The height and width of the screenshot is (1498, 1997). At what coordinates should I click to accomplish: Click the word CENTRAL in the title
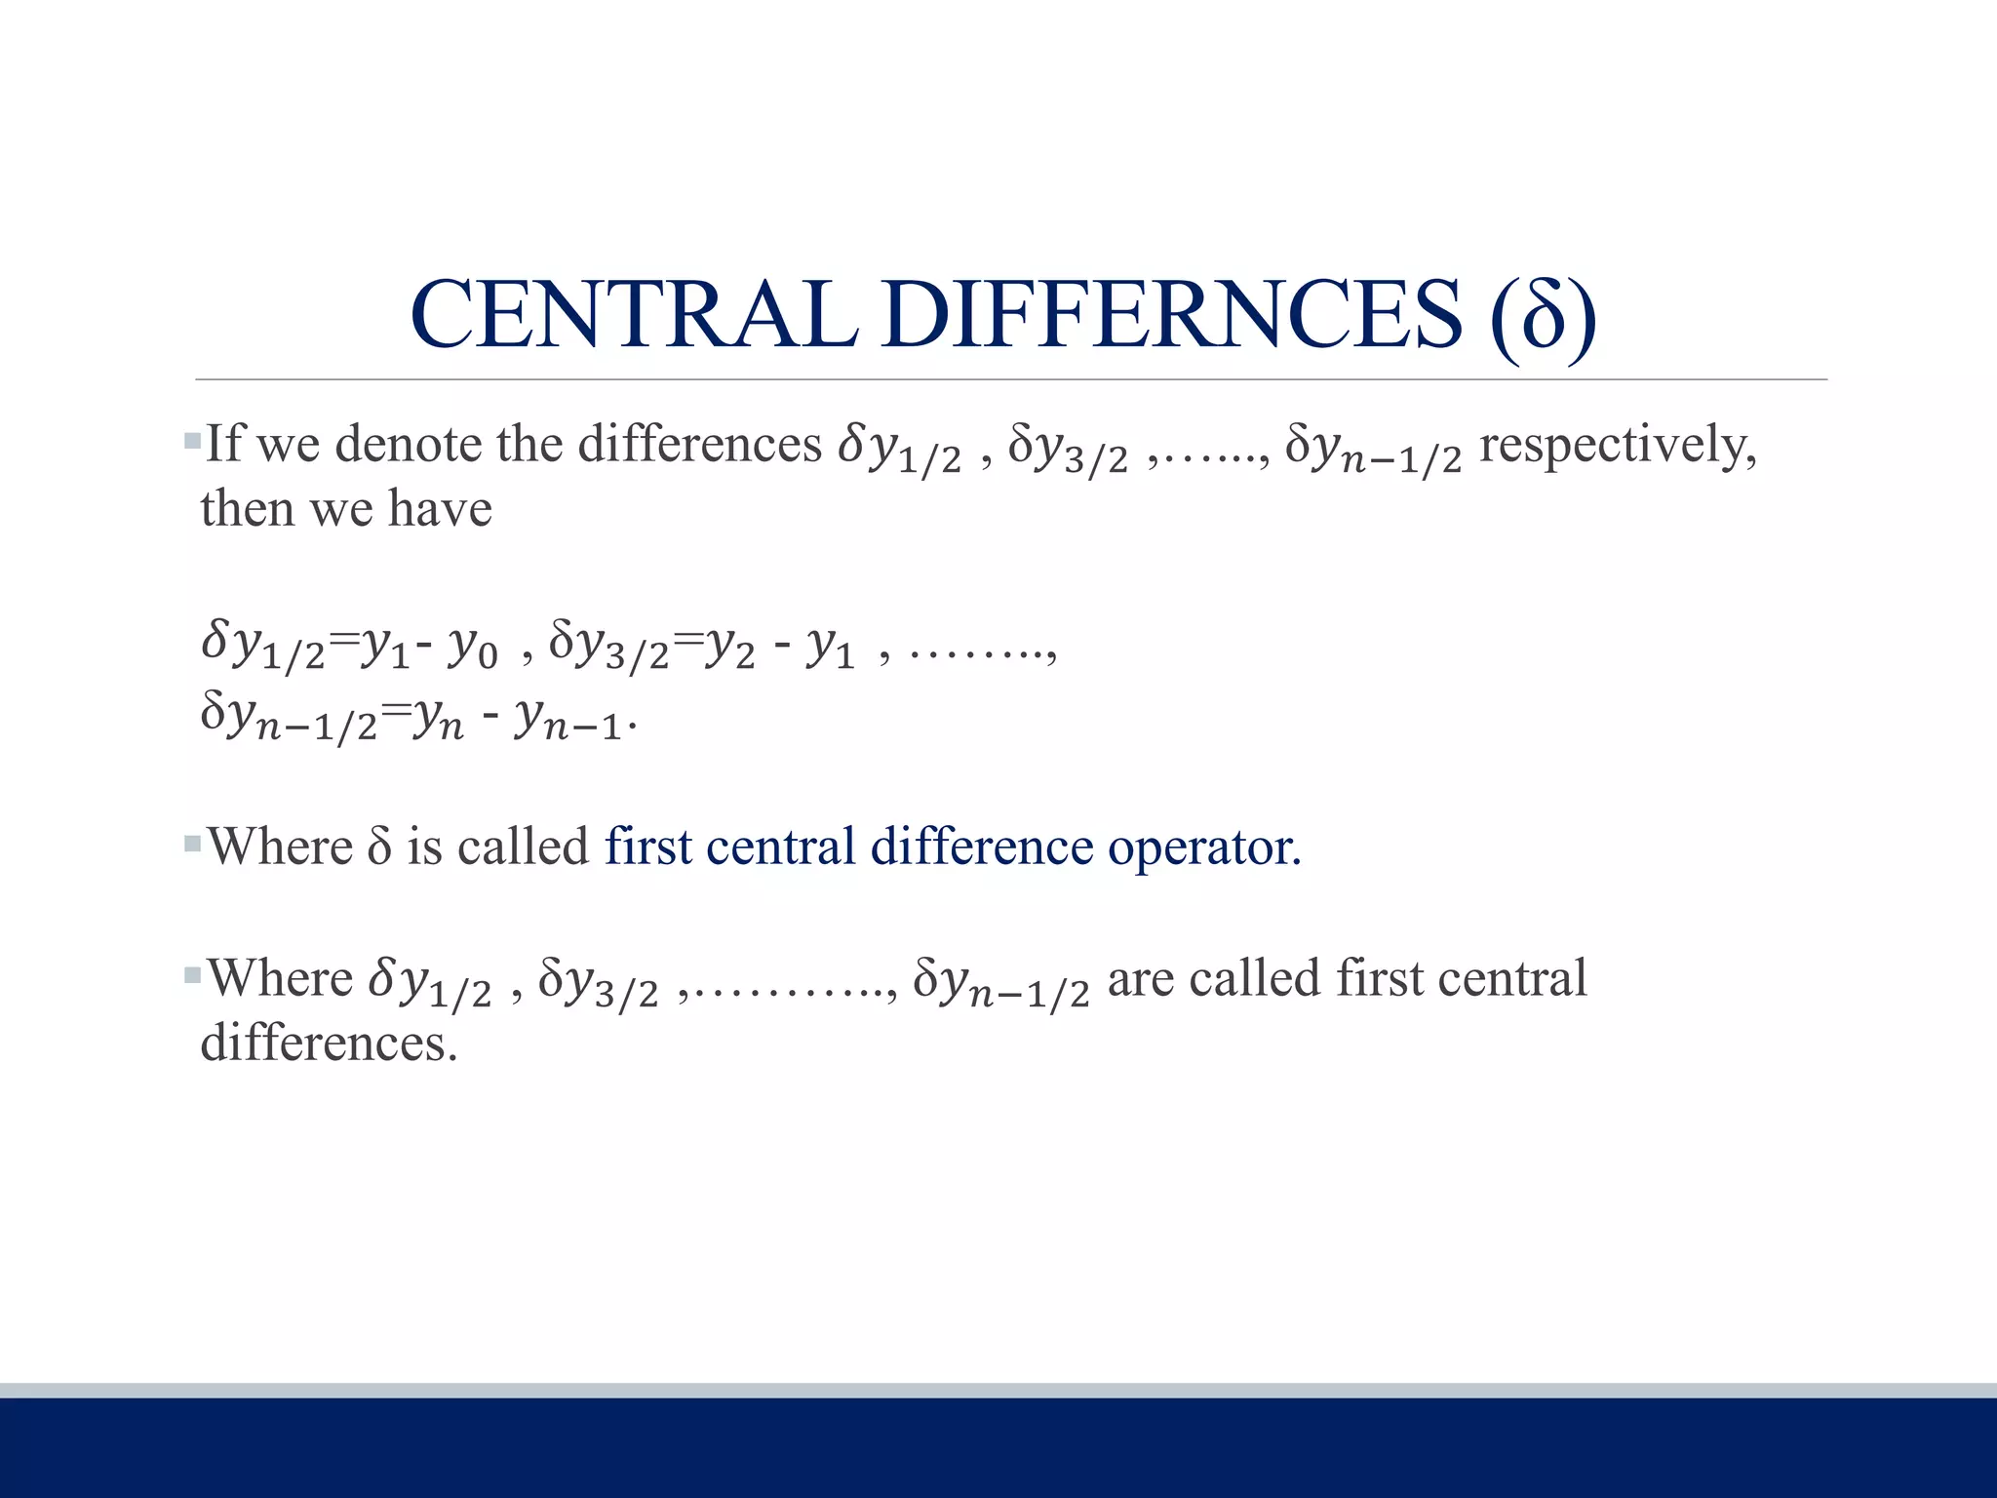click(x=634, y=314)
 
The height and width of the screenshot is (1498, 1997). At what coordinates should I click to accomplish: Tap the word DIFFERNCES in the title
click(x=1172, y=314)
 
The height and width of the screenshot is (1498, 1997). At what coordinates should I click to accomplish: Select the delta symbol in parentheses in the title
click(x=1544, y=316)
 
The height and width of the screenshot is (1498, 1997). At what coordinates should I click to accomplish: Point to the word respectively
click(x=1618, y=447)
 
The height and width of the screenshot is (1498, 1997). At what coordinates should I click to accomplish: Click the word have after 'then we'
click(x=440, y=509)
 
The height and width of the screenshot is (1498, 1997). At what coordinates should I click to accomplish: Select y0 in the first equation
click(x=473, y=648)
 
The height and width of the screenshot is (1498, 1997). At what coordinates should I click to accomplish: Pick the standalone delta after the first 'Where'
click(x=379, y=847)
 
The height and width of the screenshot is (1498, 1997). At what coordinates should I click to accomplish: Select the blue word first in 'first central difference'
click(x=647, y=846)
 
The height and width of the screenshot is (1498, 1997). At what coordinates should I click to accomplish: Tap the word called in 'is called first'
click(x=523, y=846)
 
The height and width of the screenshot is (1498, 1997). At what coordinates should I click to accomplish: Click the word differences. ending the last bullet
click(x=329, y=1044)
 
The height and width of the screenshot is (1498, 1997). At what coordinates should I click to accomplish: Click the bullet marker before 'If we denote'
click(x=192, y=442)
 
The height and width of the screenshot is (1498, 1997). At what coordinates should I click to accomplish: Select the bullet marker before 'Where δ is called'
click(x=192, y=844)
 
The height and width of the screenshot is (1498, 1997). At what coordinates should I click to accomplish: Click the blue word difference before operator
click(x=982, y=846)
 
